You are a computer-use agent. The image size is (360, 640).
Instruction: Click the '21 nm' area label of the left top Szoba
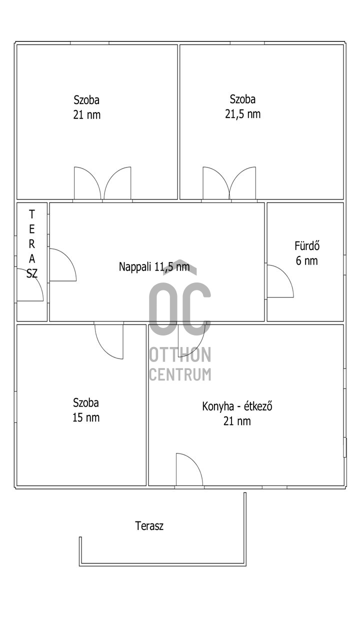[87, 115]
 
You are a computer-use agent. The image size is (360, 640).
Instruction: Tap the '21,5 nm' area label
[243, 114]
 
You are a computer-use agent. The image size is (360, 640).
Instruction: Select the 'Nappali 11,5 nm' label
[154, 266]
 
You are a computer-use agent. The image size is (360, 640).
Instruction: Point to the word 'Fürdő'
[307, 245]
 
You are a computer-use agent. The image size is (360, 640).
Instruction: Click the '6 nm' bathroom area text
[307, 260]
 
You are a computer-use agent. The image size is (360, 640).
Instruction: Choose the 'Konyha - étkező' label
[237, 406]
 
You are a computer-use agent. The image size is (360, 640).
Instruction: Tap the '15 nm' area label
[86, 417]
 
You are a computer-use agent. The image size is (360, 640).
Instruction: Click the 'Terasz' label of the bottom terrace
[149, 525]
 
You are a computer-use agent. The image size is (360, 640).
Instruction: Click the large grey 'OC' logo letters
[180, 308]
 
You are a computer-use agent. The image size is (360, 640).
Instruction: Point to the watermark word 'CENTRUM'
[180, 374]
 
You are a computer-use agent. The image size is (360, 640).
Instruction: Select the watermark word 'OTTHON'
[180, 354]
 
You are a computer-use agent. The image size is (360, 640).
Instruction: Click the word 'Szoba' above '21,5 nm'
[242, 99]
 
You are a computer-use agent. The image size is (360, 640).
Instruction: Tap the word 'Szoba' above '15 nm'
[86, 402]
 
